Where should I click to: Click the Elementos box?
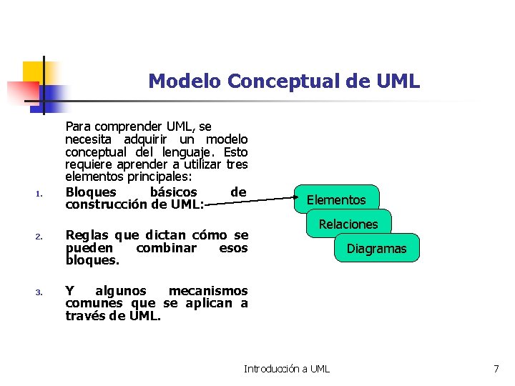coord(336,199)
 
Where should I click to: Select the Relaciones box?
coord(348,224)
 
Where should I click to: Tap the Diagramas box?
coord(376,249)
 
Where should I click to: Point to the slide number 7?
coord(496,369)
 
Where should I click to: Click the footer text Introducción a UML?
coord(287,369)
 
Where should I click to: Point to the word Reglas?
coord(87,235)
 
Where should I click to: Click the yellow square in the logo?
coord(34,71)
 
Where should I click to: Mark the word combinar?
coord(166,247)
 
